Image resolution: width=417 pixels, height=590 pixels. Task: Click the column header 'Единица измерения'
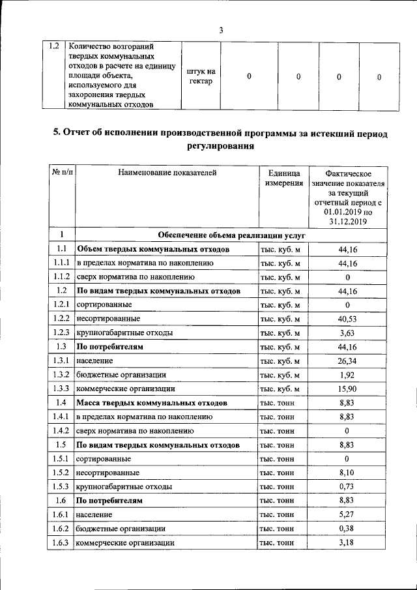(283, 178)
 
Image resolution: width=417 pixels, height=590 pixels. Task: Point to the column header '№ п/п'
(62, 173)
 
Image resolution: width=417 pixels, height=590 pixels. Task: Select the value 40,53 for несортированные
(348, 319)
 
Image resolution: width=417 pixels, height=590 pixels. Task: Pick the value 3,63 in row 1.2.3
(348, 332)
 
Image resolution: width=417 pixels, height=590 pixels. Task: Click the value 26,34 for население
(348, 361)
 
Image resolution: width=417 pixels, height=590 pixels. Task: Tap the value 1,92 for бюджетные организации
(348, 375)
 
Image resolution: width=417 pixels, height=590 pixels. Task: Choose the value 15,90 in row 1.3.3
(348, 389)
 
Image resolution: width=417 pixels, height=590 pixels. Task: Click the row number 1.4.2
(62, 431)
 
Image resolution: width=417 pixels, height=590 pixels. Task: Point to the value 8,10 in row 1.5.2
(348, 473)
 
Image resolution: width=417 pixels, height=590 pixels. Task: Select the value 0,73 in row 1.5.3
(348, 487)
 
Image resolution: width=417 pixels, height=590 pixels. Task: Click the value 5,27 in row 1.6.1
(348, 515)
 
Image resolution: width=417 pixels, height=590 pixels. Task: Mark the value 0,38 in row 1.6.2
(348, 529)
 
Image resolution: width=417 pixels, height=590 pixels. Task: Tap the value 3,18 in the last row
(348, 542)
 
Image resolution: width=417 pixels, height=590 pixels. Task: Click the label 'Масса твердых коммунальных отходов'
(152, 403)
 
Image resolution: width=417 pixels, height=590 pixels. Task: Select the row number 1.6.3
(62, 542)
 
